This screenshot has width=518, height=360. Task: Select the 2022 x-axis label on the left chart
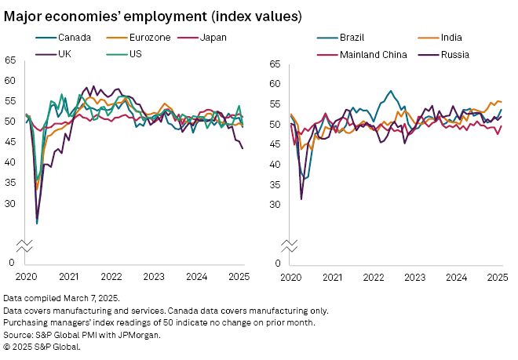coord(111,277)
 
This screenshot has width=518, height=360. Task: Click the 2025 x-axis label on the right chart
coord(496,277)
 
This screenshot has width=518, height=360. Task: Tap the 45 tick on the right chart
coord(275,144)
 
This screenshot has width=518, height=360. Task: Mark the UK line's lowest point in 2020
coord(37,224)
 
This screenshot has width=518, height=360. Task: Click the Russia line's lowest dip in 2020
coord(301,199)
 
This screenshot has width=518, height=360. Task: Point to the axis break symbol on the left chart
coord(25,245)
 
